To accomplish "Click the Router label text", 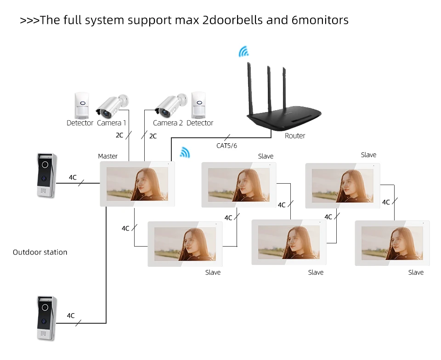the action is click(294, 136).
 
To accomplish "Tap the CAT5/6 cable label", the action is click(226, 146).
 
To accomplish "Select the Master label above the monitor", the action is click(107, 156).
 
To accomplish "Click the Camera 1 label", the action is click(112, 123).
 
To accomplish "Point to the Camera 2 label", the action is click(168, 123).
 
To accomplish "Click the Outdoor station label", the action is click(40, 252).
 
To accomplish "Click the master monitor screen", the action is click(137, 184).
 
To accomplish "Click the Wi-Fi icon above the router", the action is click(243, 52).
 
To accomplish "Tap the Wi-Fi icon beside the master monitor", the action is click(185, 152).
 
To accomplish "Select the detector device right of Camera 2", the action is click(198, 105).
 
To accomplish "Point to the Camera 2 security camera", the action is click(171, 104).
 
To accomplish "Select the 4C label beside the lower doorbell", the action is click(71, 315).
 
